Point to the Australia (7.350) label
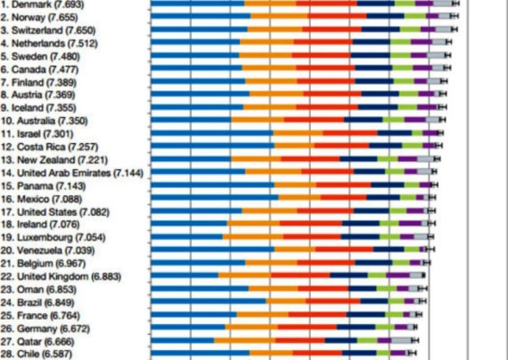coord(42,120)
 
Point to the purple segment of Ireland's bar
coord(411,223)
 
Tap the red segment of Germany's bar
coord(306,328)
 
